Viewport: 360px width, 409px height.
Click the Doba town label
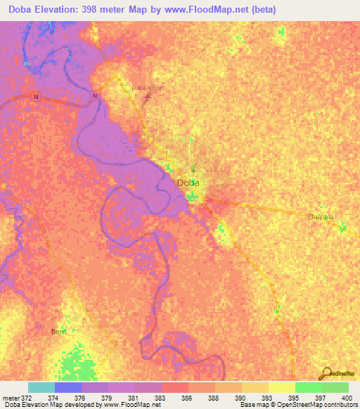(188, 183)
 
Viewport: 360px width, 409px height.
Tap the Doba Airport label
(148, 88)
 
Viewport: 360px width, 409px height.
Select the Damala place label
(321, 216)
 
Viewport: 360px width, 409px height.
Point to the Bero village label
(59, 331)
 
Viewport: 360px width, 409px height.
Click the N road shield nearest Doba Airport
(95, 96)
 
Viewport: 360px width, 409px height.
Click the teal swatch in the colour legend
(41, 387)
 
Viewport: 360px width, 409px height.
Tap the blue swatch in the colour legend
(67, 387)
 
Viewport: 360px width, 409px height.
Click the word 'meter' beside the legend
(11, 397)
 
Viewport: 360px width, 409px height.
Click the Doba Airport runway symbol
(147, 96)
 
